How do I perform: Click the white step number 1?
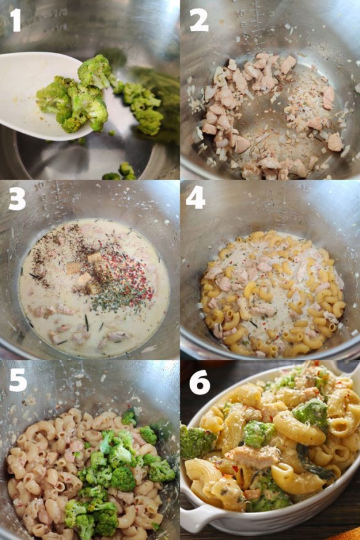[x=15, y=20]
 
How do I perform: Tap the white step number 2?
[x=198, y=20]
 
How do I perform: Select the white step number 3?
[x=17, y=199]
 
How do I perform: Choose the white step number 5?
[x=17, y=379]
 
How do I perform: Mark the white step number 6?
[x=199, y=382]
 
